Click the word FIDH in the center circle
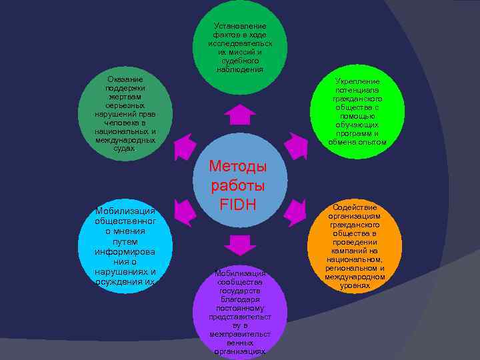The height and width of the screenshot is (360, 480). coord(239,204)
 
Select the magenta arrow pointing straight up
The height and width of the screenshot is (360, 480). coord(239,115)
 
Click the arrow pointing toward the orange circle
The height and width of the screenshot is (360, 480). coord(293,211)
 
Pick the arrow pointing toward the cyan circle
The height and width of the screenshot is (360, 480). coord(185,211)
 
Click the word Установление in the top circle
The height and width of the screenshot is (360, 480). coord(240,26)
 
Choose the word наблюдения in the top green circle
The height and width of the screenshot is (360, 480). coord(240,69)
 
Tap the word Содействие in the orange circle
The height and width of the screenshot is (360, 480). coord(356,207)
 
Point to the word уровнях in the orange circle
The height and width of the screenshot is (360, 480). coord(355,285)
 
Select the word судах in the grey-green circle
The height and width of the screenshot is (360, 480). coord(125,149)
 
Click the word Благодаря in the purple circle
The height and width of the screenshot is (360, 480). coord(239,299)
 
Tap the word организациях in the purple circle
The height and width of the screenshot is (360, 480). coord(239,351)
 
